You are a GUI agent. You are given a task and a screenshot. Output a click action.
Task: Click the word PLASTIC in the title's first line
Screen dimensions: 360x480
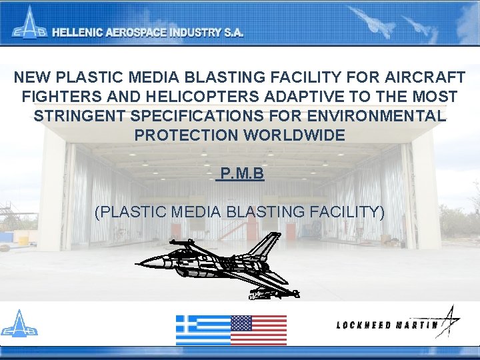[83, 77]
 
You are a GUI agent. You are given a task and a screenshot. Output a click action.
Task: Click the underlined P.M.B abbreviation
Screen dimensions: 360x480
[242, 175]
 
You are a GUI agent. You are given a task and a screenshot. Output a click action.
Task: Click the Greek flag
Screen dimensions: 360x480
[203, 330]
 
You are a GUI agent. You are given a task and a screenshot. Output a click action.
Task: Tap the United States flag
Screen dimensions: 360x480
[259, 330]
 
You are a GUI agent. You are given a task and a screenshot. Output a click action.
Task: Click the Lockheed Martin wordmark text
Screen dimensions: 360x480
[387, 325]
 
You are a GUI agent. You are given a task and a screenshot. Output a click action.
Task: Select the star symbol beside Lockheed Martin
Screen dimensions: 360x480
[449, 321]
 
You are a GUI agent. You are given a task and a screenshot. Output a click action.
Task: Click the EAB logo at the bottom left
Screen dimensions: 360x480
[19, 325]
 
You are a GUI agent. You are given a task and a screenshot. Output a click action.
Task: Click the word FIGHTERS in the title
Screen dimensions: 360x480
[59, 97]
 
